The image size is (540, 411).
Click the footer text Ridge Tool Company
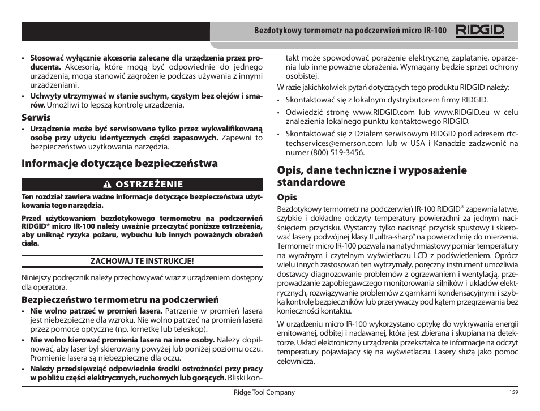pos(265,392)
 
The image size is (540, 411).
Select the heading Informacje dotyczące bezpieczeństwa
pos(120,164)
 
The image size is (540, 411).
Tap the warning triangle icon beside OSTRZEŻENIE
pos(105,184)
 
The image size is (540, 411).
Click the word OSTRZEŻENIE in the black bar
pos(150,184)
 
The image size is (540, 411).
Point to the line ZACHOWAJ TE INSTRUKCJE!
pos(143,261)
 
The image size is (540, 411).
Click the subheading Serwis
pos(36,117)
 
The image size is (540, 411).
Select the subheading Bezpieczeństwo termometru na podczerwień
pos(120,300)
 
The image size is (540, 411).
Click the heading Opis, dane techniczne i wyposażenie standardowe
pos(371,176)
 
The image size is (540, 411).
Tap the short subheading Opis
pos(286,198)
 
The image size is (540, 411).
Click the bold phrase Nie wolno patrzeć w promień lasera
pos(96,311)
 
